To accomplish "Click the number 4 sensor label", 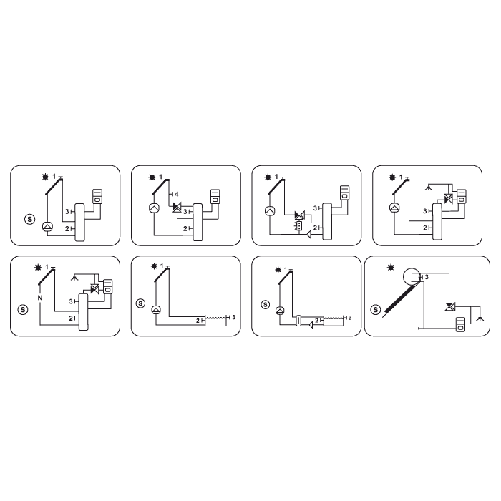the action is tap(177, 194).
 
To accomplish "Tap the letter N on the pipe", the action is tap(40, 298).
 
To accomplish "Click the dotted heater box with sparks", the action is tap(298, 226).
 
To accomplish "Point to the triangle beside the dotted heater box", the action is tap(309, 235).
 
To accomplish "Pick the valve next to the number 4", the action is tap(177, 207).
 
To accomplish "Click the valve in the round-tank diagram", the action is tap(450, 307).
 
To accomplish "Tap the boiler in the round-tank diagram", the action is tap(460, 324).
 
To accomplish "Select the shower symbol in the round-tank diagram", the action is tap(480, 318).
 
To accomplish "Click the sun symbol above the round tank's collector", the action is tap(391, 268).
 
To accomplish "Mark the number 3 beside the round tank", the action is tap(427, 277).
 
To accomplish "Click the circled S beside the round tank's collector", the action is tap(376, 310).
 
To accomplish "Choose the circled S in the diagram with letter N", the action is tap(23, 310).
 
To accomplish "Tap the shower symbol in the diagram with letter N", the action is tap(74, 278).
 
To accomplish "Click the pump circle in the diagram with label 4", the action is tap(155, 208).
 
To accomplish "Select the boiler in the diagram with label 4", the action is tap(215, 197).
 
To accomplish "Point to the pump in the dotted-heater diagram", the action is tap(271, 210).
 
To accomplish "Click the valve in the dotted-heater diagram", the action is tap(300, 215).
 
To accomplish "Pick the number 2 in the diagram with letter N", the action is tap(71, 318).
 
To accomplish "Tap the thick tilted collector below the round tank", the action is tap(399, 298).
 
